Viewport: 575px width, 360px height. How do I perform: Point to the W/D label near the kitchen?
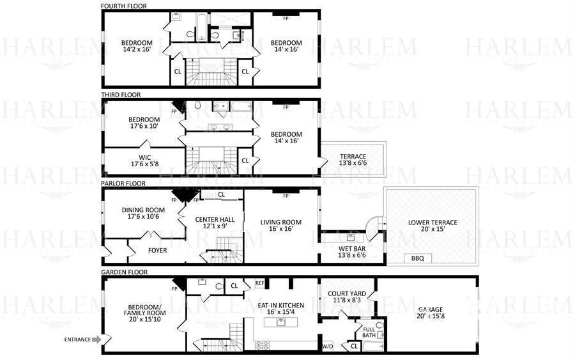coord(327,346)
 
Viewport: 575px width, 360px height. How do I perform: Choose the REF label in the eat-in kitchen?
coord(259,283)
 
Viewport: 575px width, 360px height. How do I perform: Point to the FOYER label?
coord(157,250)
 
